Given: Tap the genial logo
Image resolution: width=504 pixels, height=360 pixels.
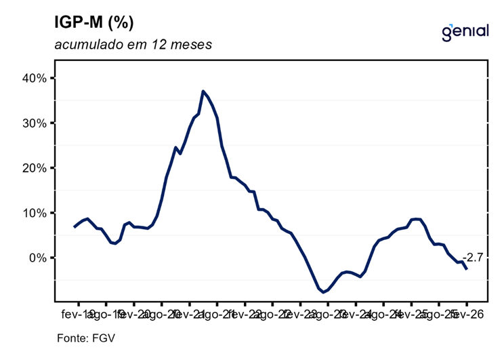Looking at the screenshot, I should tap(465, 31).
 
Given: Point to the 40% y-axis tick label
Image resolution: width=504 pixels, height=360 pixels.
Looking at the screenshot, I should tap(33, 78).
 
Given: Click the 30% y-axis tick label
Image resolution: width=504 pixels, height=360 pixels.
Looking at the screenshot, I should tap(33, 123).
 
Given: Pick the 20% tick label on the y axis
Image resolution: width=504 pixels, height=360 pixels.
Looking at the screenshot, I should tap(33, 167).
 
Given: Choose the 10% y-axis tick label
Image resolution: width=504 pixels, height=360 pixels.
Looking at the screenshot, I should tap(33, 213).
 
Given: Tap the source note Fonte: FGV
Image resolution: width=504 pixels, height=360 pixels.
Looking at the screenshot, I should tap(81, 336).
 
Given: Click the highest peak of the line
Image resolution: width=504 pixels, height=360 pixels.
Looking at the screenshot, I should tap(203, 91).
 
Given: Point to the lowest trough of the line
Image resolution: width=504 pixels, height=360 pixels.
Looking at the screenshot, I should tap(324, 292).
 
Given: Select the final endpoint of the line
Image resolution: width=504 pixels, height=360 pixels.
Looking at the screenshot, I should tap(467, 269).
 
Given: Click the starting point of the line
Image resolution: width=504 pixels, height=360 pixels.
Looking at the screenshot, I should tap(75, 226).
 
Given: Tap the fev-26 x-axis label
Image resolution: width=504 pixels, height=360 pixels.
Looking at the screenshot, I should tap(467, 315).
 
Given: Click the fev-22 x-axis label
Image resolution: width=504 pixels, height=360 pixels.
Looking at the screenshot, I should tap(245, 315).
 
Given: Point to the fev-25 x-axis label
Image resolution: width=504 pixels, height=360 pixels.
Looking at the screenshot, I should tap(412, 315).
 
